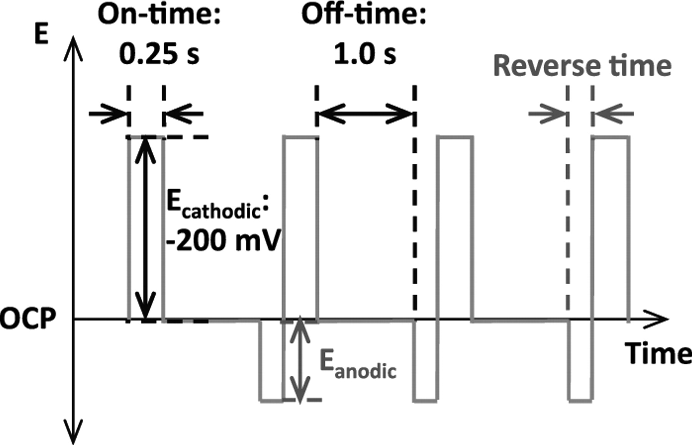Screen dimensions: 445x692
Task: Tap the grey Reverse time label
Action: click(x=582, y=66)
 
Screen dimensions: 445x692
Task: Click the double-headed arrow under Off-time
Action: click(x=365, y=114)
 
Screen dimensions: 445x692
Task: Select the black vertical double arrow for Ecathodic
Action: click(x=146, y=228)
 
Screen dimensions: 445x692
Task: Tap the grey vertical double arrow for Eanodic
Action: click(x=299, y=359)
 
